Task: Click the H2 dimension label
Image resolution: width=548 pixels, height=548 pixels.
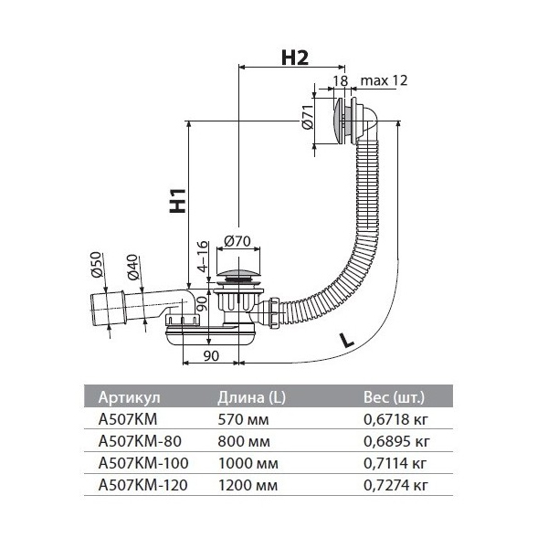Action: click(x=295, y=58)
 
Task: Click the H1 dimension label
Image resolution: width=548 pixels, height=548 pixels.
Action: click(x=178, y=200)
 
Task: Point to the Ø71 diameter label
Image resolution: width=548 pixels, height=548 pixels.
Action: click(x=308, y=117)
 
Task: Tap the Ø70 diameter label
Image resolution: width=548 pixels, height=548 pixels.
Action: click(x=237, y=241)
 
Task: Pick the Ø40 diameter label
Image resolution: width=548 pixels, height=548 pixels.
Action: click(x=133, y=268)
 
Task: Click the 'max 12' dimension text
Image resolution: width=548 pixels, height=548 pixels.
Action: click(x=385, y=80)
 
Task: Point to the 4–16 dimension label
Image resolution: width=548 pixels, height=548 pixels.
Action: click(x=203, y=257)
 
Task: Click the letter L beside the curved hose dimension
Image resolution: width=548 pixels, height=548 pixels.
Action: click(x=347, y=340)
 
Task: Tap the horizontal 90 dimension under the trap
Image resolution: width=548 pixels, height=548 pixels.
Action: click(x=211, y=356)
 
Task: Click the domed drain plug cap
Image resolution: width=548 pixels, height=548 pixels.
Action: click(x=238, y=273)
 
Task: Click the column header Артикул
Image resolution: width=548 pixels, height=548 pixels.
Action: click(x=130, y=397)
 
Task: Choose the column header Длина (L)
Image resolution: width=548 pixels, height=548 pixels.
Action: click(x=252, y=397)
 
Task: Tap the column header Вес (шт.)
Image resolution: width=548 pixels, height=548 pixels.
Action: click(x=395, y=397)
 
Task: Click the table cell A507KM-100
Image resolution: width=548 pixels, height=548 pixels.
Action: click(x=143, y=463)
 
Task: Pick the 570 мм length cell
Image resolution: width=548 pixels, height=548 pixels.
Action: click(x=243, y=419)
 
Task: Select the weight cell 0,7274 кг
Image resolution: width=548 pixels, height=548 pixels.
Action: click(x=395, y=486)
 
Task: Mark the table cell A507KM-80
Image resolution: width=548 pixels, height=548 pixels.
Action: click(x=140, y=441)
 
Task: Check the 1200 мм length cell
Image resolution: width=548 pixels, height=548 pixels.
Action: click(x=248, y=486)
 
